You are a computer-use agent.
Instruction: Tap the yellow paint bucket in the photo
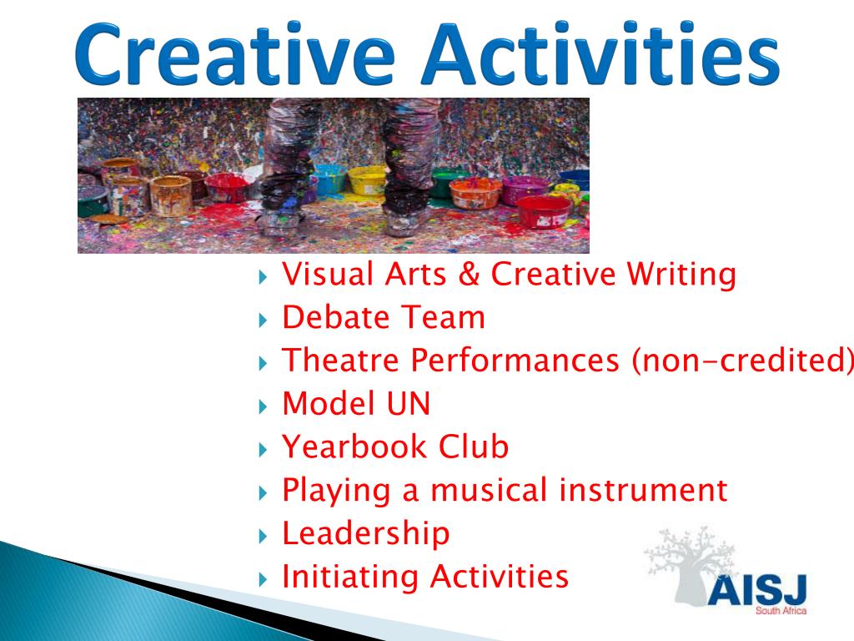click(367, 179)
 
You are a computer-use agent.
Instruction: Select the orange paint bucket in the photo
click(475, 193)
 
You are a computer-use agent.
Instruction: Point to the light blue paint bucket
click(328, 178)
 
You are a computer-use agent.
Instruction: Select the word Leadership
click(366, 533)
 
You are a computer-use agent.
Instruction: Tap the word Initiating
click(350, 576)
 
